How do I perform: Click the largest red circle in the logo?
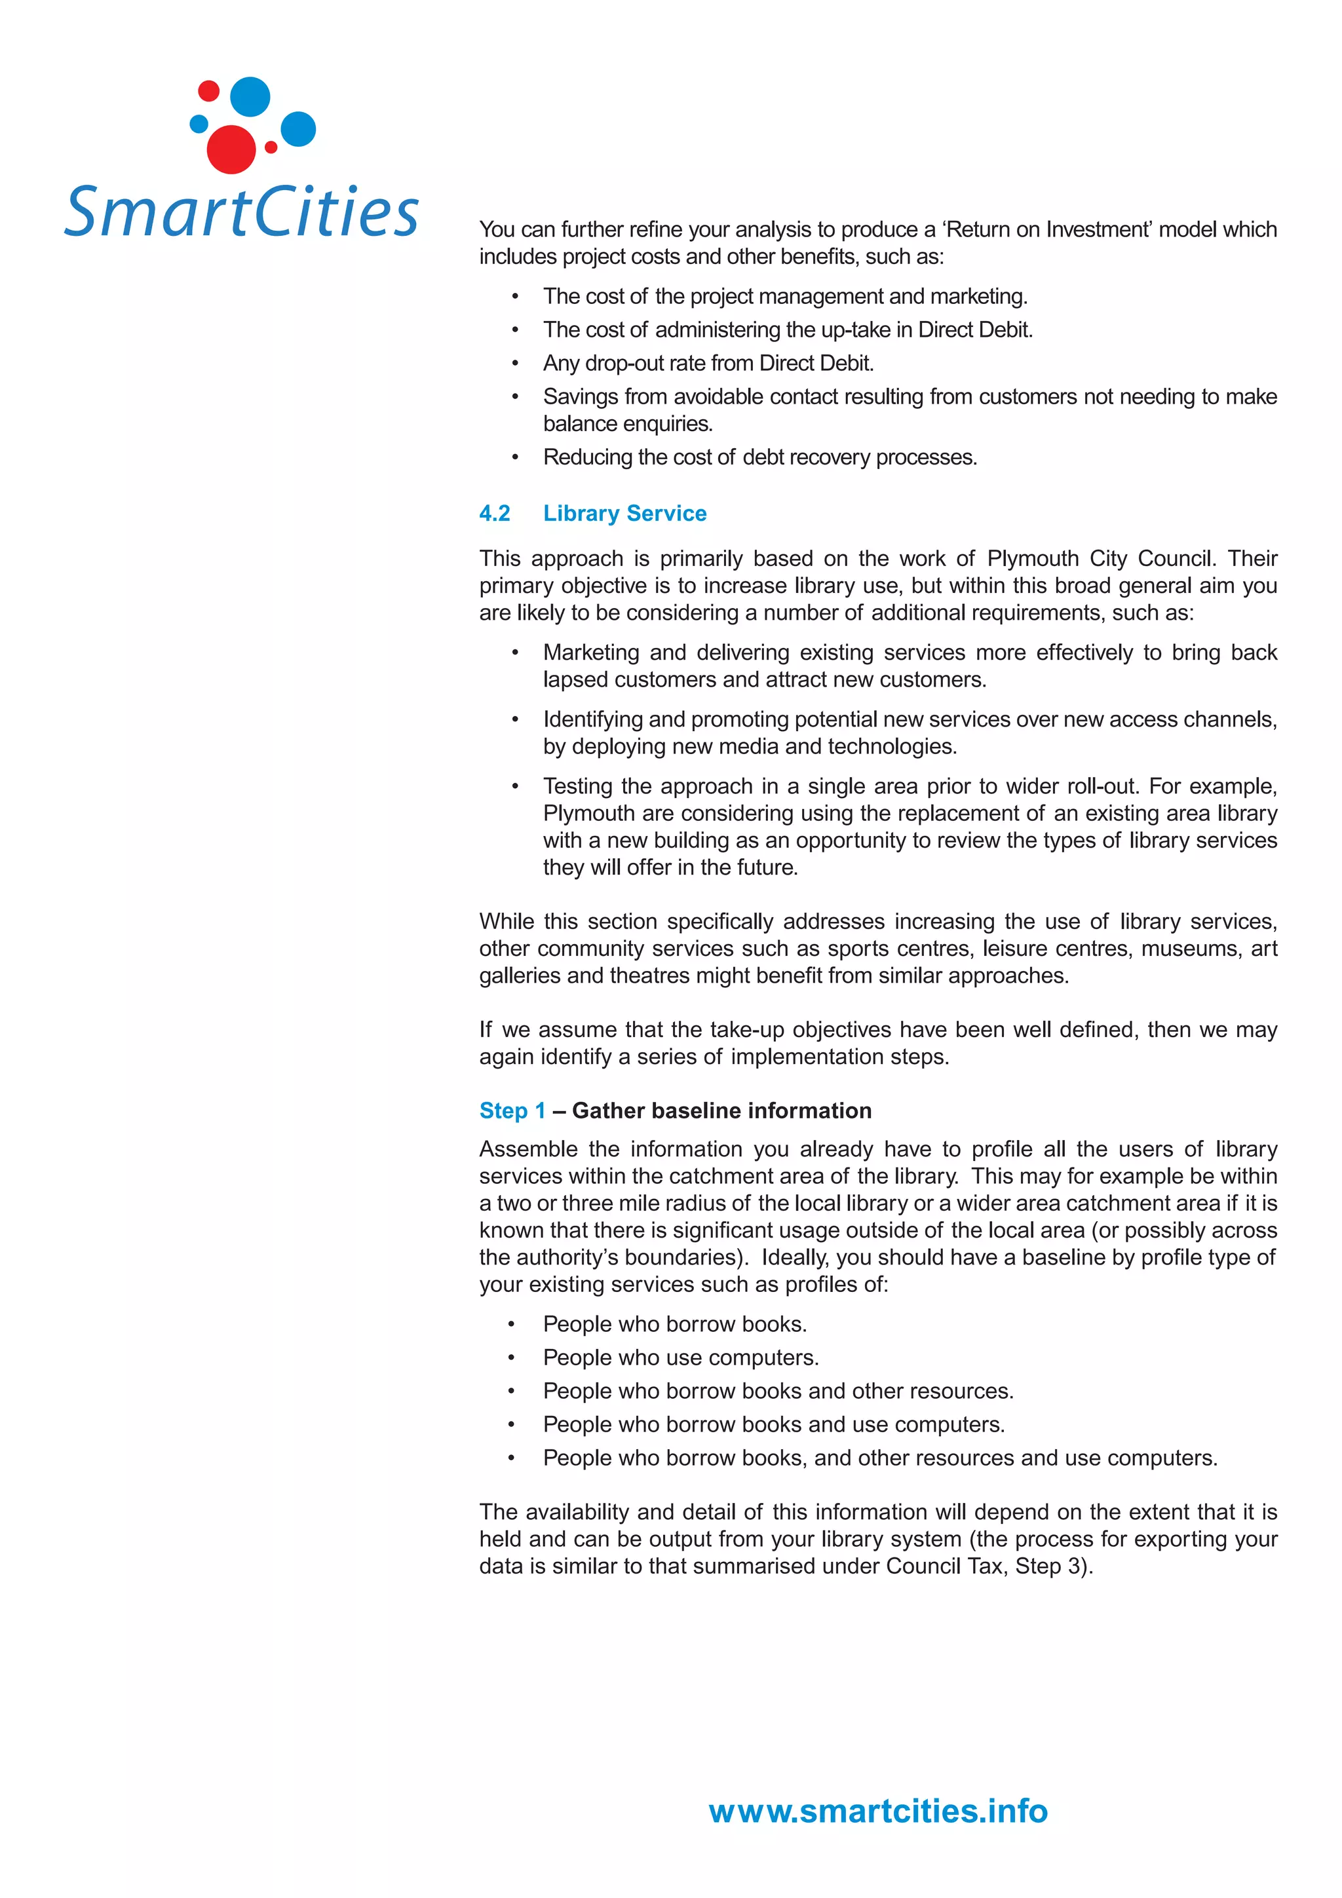pos(231,149)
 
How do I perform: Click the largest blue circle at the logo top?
pos(250,97)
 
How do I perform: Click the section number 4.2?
pos(495,514)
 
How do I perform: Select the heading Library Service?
pos(624,514)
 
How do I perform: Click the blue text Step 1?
pos(512,1110)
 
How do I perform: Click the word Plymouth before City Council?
pos(1032,558)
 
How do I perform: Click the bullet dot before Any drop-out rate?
pos(514,364)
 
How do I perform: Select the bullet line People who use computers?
pos(681,1357)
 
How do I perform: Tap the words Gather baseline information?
pos(721,1110)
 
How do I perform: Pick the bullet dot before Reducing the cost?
pos(514,457)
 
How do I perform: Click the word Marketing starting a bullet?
pos(590,653)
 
